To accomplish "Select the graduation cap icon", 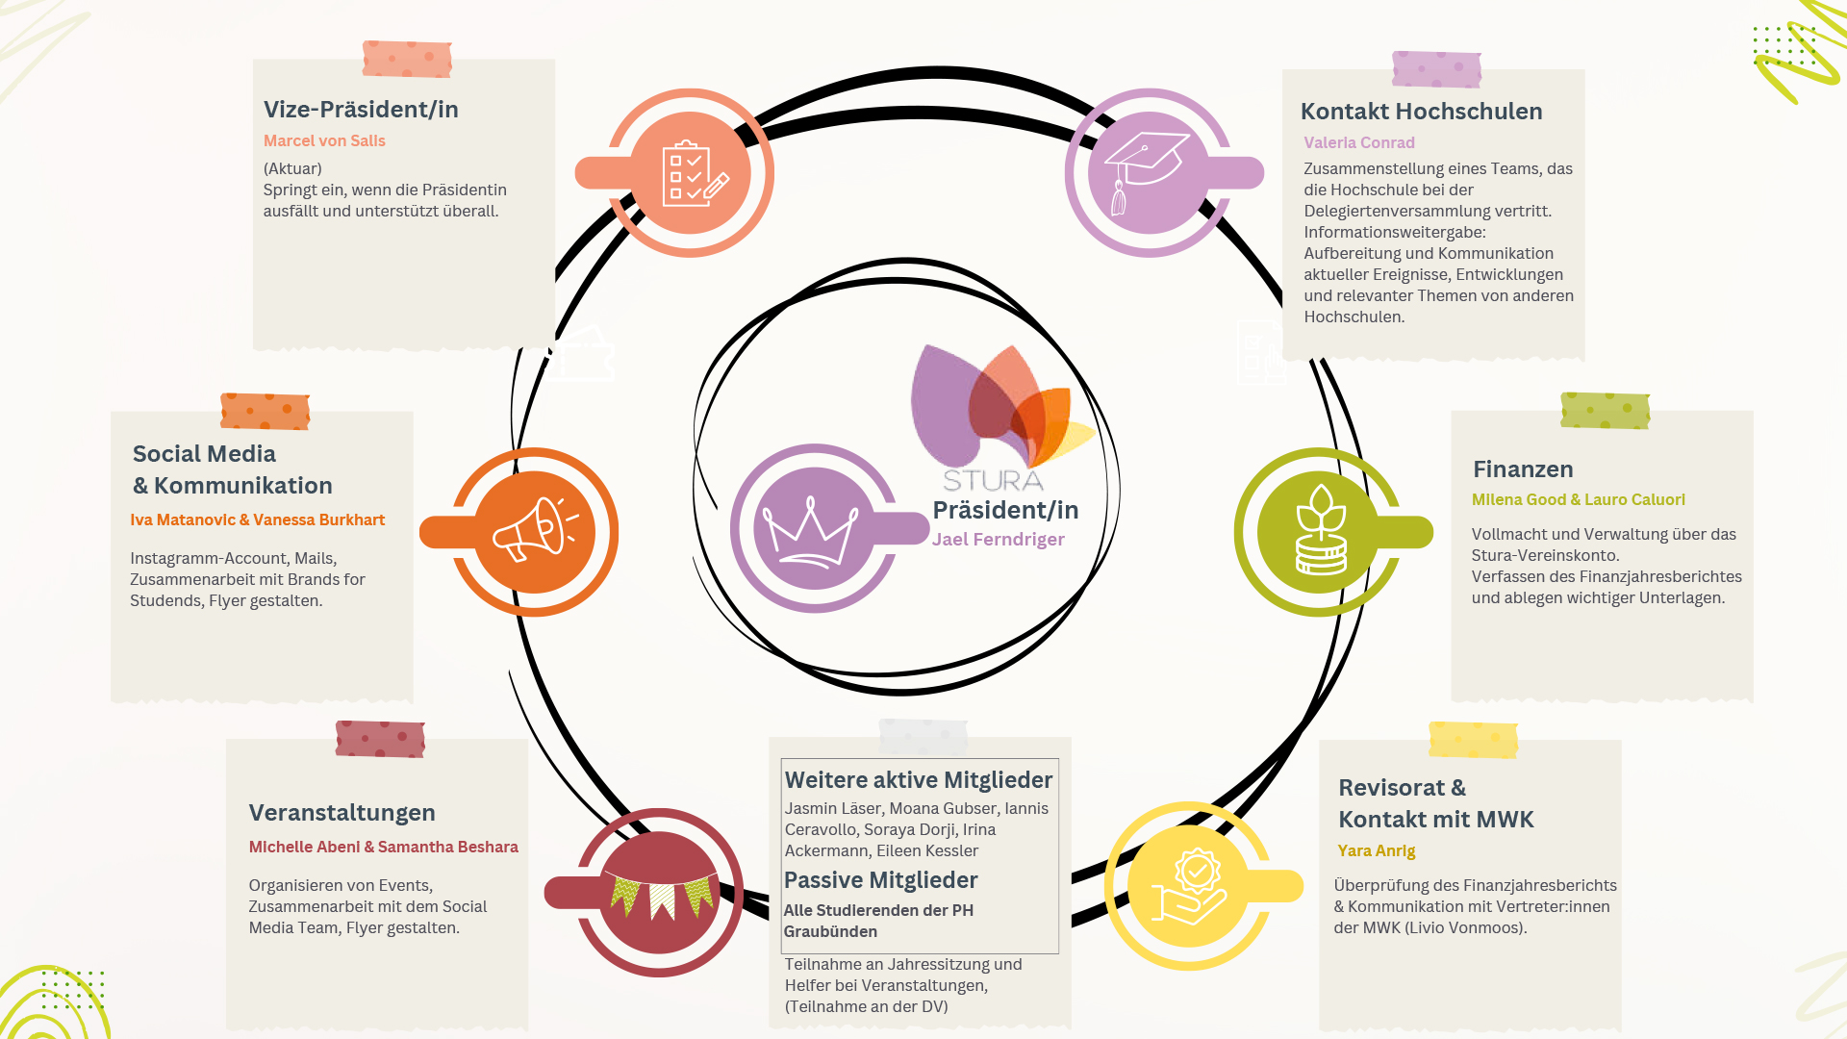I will tap(1145, 169).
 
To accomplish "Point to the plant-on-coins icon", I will tap(1320, 531).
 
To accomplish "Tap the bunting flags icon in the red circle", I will tap(661, 895).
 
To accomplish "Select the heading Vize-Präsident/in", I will tap(361, 110).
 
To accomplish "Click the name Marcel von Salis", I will tap(324, 140).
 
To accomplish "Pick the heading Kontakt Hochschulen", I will tap(1421, 112).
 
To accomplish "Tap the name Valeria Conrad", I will tap(1358, 142).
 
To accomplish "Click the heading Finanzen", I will tap(1523, 469).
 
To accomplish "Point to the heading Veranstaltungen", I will tap(342, 813).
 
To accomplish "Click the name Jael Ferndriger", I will tap(998, 540).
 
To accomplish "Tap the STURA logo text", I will tap(992, 480).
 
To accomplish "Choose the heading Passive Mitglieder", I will tap(880, 880).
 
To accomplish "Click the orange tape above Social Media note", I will tap(265, 412).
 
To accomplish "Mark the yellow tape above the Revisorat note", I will tap(1473, 740).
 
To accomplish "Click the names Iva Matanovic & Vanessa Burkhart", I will tap(257, 519).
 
